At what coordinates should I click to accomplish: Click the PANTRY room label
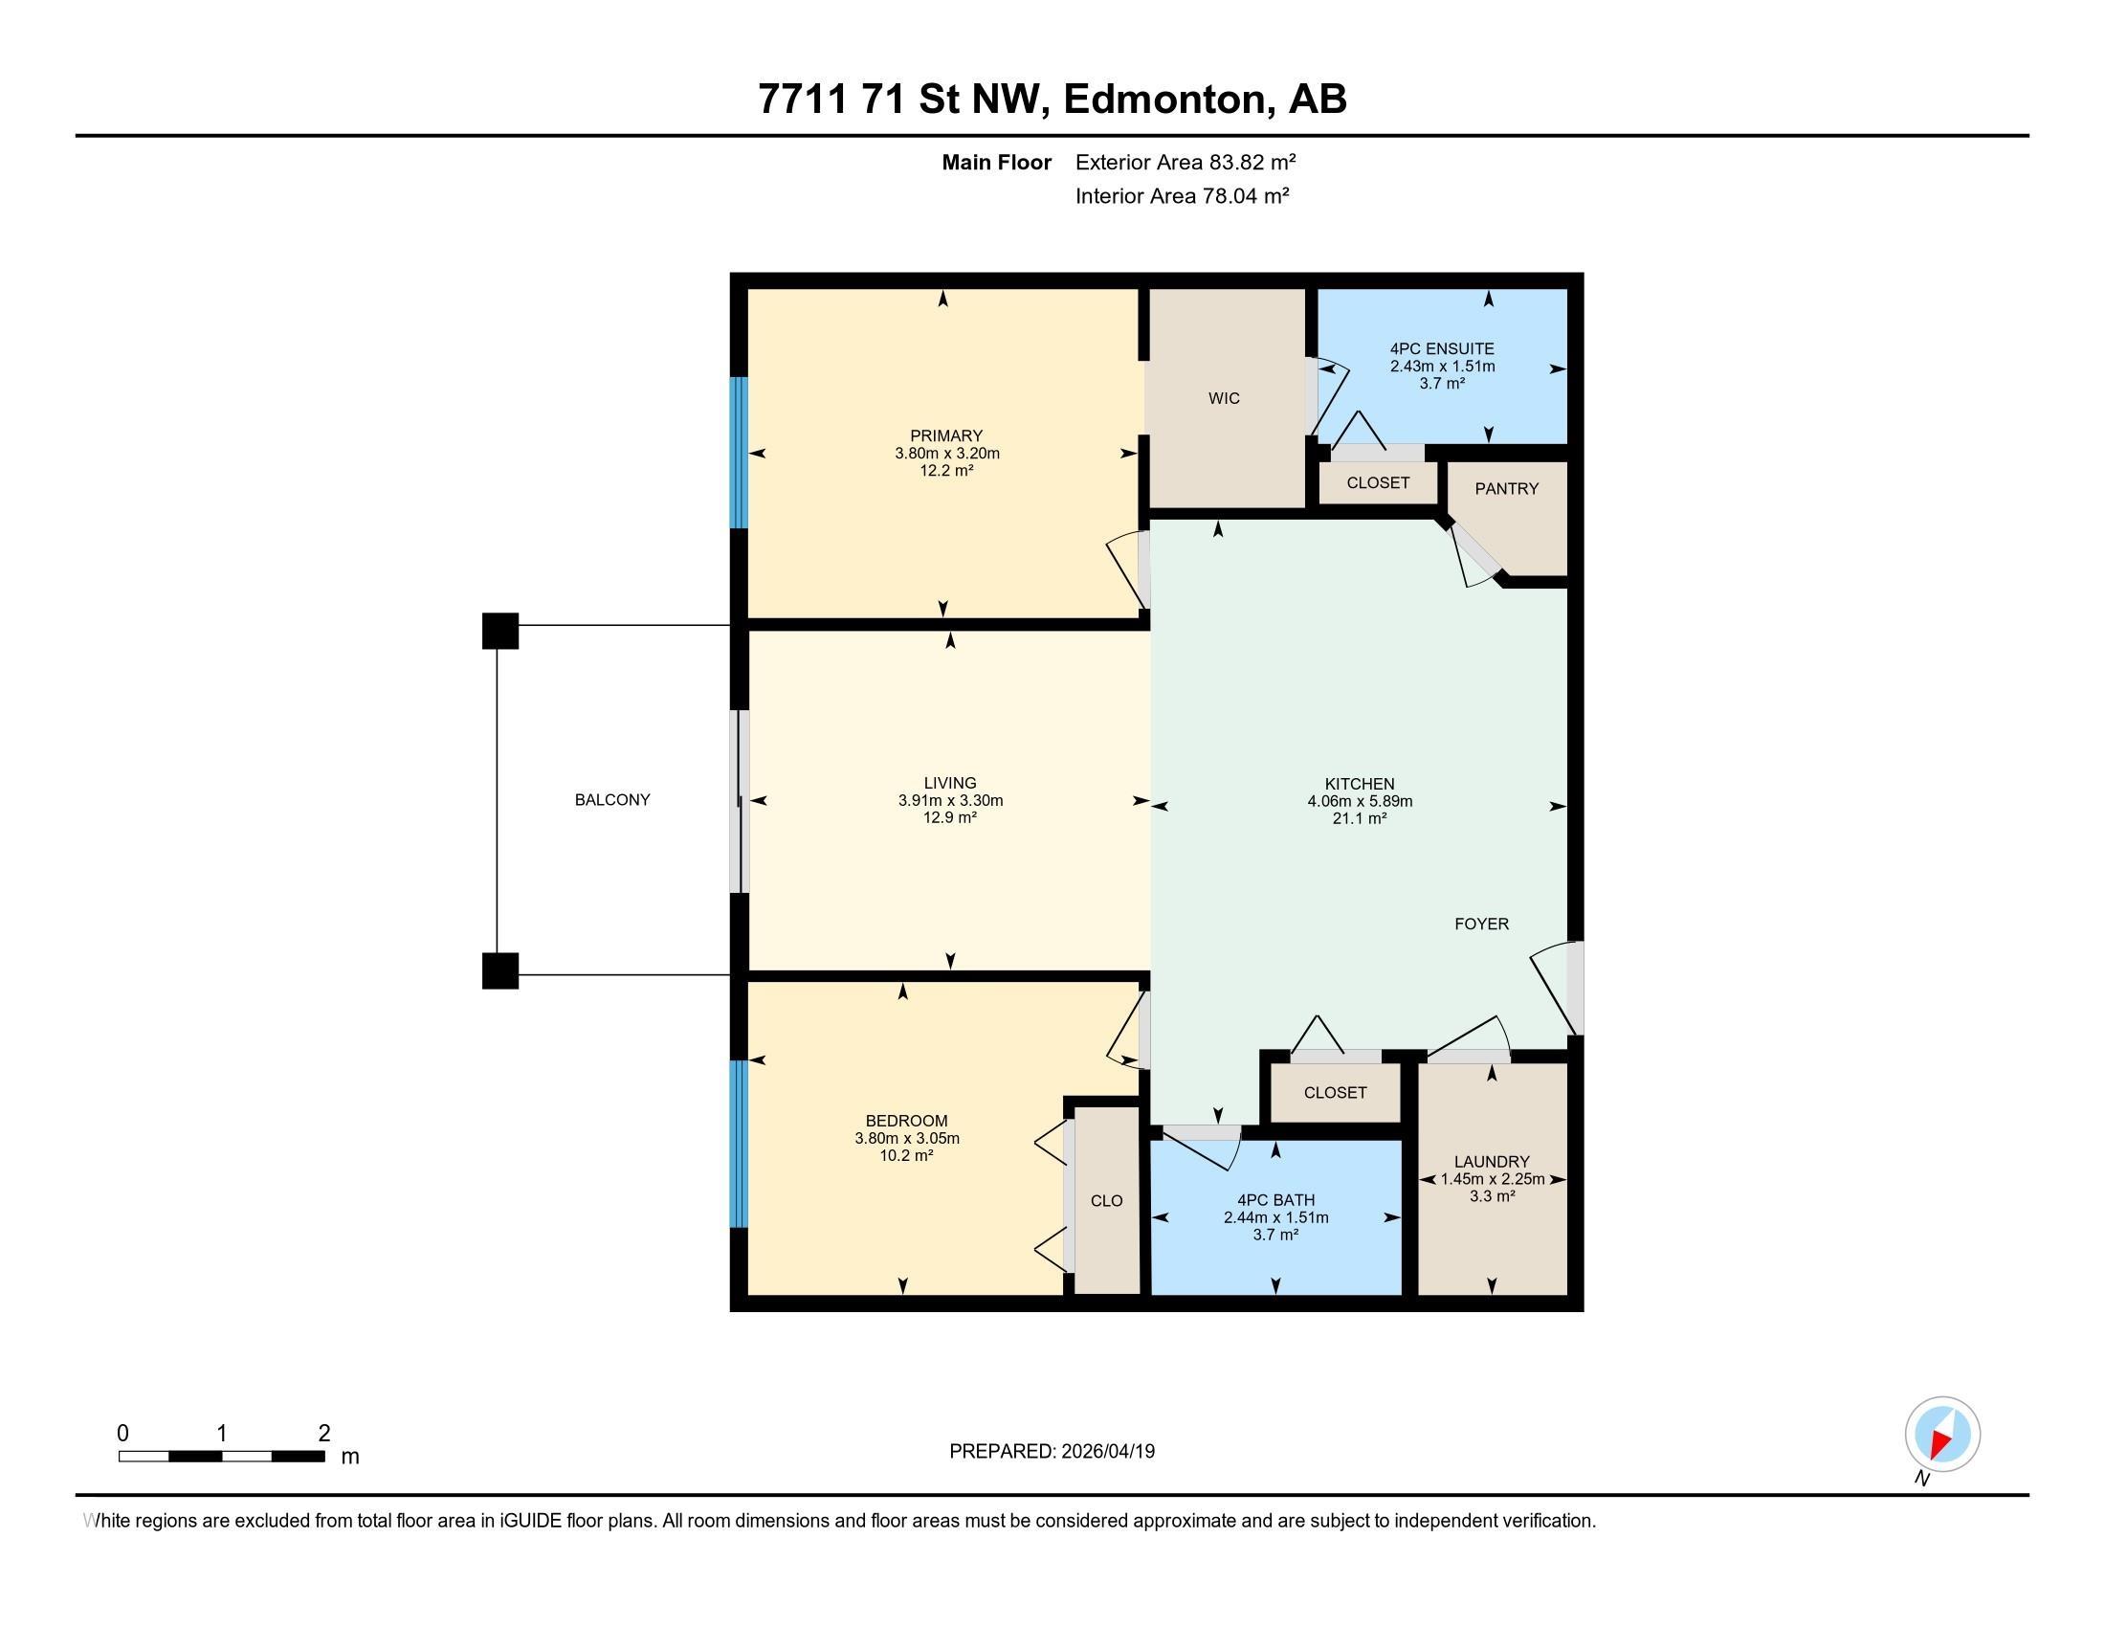pos(1506,489)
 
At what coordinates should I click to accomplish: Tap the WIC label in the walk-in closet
pos(1224,398)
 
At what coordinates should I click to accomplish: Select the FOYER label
pos(1481,924)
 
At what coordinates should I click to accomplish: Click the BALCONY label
pos(612,799)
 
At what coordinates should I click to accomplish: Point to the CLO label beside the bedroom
pos(1106,1200)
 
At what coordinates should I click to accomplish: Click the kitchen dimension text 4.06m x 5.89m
pos(1359,801)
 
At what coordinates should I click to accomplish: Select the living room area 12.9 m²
pos(949,817)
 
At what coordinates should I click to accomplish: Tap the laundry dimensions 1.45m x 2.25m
pos(1492,1179)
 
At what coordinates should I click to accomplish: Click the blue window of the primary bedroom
pos(739,452)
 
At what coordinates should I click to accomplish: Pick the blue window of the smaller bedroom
pos(739,1143)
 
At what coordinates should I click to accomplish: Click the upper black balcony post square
pos(500,632)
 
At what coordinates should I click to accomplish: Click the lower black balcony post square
pos(500,970)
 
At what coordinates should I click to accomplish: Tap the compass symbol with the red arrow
pos(1942,1434)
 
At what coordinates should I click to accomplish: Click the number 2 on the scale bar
pos(324,1433)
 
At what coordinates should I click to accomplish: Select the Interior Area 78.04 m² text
pos(1182,195)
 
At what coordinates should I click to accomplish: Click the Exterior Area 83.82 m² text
pos(1185,162)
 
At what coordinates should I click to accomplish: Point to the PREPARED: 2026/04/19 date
pos(1052,1451)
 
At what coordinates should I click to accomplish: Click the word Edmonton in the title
pos(1164,100)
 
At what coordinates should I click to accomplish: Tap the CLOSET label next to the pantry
pos(1377,483)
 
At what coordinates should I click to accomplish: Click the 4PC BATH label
pos(1275,1200)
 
